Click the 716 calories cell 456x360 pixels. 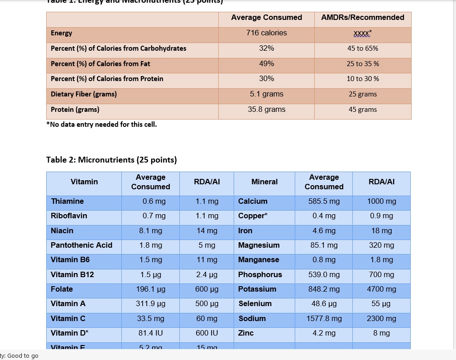266,33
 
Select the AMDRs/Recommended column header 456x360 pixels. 362,18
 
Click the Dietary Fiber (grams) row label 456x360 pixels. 84,94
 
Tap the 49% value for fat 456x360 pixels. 266,64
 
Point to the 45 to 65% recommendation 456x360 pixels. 363,48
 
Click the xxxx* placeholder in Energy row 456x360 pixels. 363,34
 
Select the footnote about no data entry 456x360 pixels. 101,125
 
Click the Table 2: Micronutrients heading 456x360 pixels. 111,160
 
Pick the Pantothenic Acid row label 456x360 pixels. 82,245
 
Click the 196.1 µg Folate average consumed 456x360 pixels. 150,289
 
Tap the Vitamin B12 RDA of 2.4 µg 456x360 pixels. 206,274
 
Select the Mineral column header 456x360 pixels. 264,182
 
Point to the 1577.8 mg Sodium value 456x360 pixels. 324,318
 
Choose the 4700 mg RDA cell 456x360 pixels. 381,289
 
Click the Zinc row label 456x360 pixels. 246,333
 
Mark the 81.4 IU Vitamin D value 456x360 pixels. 150,333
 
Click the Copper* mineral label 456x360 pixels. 253,216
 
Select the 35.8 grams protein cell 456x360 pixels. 266,110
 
